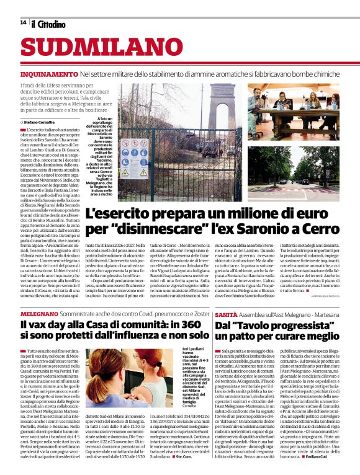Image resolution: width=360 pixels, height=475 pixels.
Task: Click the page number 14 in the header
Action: (x=23, y=22)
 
